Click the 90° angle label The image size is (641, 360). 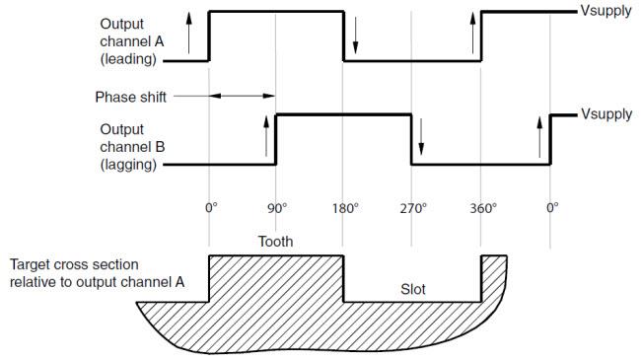coord(277,208)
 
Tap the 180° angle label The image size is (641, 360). coord(346,208)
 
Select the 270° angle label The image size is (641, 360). coord(413,208)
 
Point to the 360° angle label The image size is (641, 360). coord(482,208)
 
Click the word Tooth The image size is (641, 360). coord(276,241)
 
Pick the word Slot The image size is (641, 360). coord(413,289)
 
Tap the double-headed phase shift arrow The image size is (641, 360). coord(243,97)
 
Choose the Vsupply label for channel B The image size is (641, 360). coord(604,114)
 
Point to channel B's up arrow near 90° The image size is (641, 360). coord(267,135)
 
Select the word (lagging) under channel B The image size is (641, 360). coord(130,165)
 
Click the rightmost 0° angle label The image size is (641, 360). coord(552,208)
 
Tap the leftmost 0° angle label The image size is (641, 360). coord(210,208)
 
